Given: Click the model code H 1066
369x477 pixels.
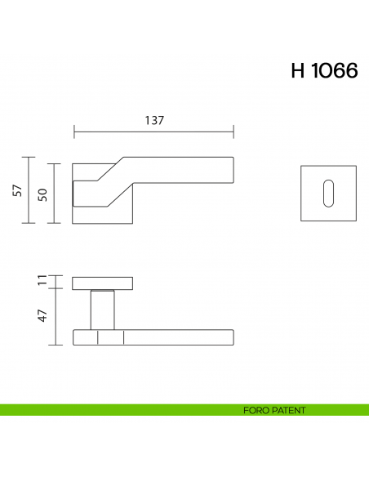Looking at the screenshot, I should tap(324, 71).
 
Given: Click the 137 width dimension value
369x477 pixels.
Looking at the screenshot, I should tap(155, 120).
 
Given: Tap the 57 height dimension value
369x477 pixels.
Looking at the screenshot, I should tap(17, 190).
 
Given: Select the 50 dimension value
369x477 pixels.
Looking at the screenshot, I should tap(42, 194).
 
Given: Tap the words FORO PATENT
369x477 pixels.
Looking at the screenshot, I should tap(274, 410).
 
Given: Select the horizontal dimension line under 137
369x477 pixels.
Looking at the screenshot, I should tap(154, 132).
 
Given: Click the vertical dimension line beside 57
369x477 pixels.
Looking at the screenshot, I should tap(30, 190).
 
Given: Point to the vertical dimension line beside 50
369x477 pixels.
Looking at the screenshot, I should tap(56, 194).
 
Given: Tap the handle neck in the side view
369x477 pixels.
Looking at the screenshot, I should tap(102, 310).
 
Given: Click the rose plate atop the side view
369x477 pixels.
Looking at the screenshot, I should tap(102, 283).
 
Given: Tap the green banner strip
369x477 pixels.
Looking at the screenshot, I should tap(122, 410).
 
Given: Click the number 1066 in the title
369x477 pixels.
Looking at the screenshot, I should tap(336, 71).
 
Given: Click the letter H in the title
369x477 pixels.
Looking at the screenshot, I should tap(298, 71).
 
